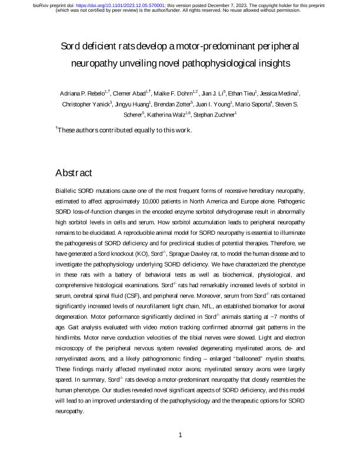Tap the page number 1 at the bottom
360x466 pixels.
click(x=180, y=435)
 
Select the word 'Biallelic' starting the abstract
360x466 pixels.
click(x=67, y=191)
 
